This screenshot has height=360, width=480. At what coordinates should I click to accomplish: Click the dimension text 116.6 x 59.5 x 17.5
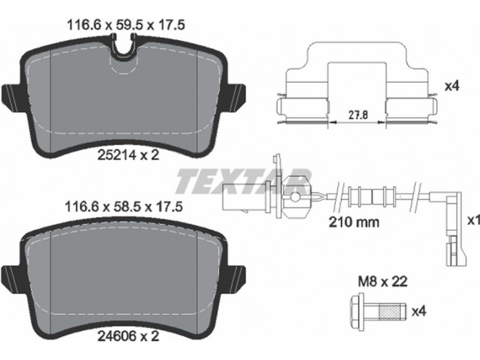[x=125, y=25]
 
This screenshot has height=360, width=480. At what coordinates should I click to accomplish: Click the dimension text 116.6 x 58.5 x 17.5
[x=124, y=206]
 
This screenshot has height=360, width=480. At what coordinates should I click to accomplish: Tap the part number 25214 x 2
[x=128, y=155]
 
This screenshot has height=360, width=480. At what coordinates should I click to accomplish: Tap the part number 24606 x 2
[x=128, y=337]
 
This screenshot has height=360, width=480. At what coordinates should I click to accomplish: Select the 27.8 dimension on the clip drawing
[x=358, y=115]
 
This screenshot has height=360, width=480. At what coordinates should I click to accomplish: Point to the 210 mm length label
[x=354, y=221]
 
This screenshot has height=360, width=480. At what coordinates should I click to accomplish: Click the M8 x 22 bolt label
[x=383, y=281]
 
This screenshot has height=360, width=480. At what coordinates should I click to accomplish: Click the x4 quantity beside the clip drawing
[x=452, y=86]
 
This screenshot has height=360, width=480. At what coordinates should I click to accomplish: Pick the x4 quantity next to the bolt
[x=419, y=311]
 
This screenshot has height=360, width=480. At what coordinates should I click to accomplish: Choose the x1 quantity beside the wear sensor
[x=473, y=220]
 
